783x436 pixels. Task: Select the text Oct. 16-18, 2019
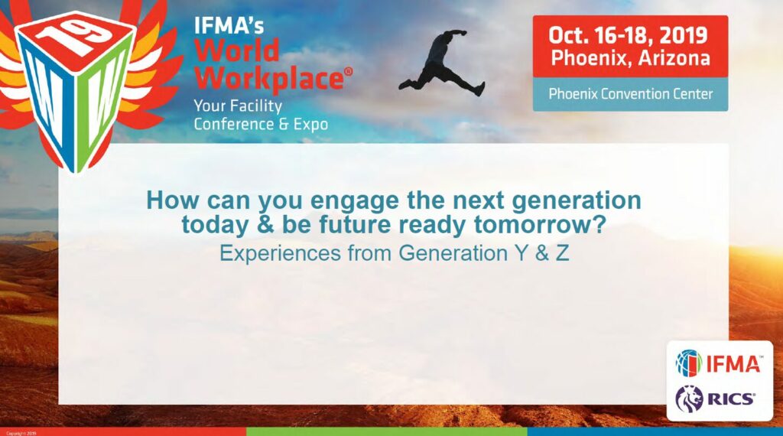[629, 35]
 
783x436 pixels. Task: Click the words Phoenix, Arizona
[630, 58]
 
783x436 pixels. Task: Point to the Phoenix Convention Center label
[630, 94]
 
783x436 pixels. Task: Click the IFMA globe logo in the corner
[688, 363]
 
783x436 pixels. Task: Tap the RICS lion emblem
[688, 398]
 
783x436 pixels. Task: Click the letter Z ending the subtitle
[563, 253]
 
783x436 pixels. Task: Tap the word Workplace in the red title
[268, 79]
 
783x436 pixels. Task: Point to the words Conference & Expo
[261, 124]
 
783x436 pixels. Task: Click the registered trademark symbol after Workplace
[348, 70]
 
